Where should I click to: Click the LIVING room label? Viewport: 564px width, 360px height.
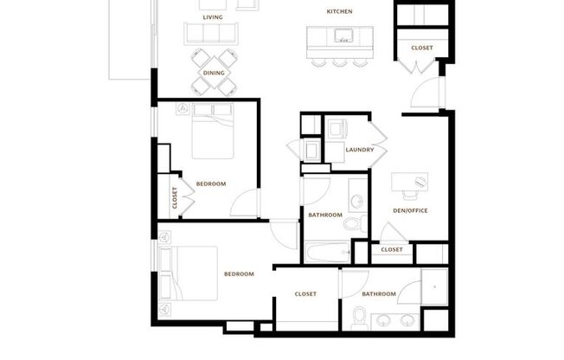click(212, 17)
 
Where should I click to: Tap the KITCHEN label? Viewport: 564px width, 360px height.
click(338, 12)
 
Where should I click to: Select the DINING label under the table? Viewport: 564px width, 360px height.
click(215, 74)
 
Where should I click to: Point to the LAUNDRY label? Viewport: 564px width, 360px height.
click(359, 150)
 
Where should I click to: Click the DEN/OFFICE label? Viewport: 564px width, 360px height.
click(410, 210)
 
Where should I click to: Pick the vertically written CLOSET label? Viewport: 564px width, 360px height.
click(175, 198)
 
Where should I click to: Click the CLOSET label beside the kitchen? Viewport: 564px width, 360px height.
click(422, 48)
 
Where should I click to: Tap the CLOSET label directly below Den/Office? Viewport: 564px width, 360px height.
click(392, 249)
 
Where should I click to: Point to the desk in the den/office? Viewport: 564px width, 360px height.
click(409, 183)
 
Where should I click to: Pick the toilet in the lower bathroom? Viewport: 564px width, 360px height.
click(361, 318)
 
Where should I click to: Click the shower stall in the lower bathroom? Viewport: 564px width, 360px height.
click(434, 286)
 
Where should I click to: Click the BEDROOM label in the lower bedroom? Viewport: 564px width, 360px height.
click(239, 274)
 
